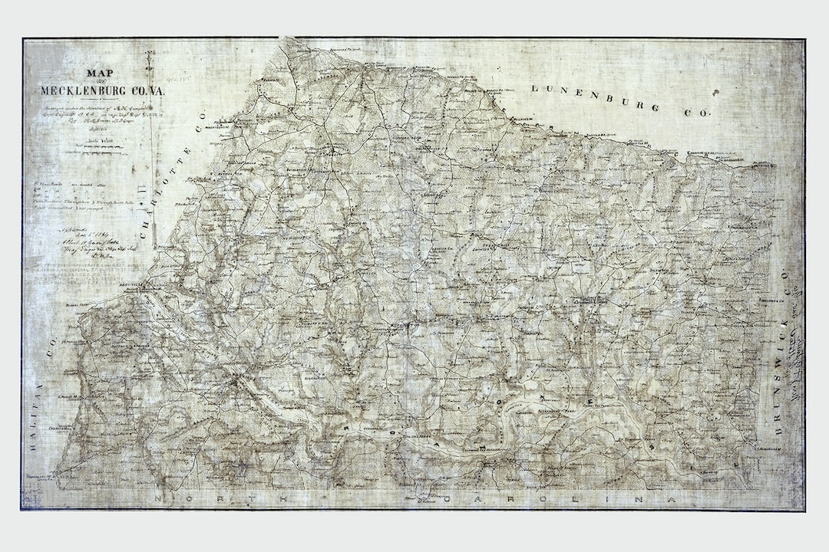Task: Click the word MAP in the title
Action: (97, 74)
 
